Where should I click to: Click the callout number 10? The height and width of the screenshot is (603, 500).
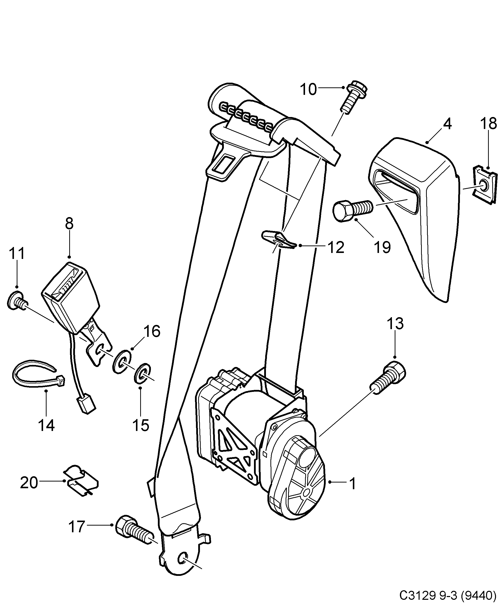tap(308, 90)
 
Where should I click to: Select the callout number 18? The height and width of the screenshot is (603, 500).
tap(489, 124)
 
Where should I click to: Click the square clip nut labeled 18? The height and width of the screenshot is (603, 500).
tap(484, 185)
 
